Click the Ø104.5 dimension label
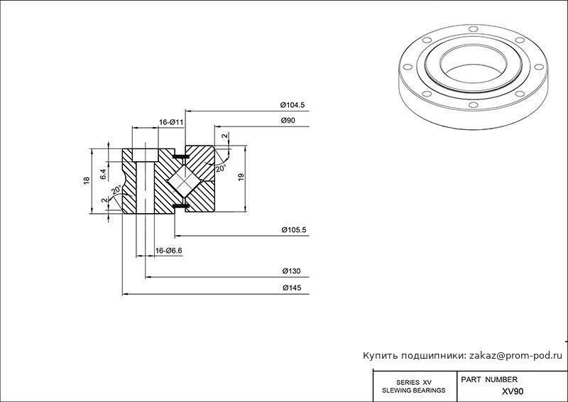pyautogui.click(x=293, y=105)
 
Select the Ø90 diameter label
pyautogui.click(x=288, y=120)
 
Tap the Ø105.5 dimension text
pyautogui.click(x=294, y=230)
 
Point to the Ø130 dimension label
pyautogui.click(x=291, y=271)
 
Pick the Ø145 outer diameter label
pyautogui.click(x=292, y=288)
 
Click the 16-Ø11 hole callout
pyautogui.click(x=171, y=123)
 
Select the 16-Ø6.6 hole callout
pyautogui.click(x=168, y=251)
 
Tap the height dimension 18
pyautogui.click(x=86, y=180)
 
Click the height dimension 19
pyautogui.click(x=241, y=178)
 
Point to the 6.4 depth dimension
pyautogui.click(x=103, y=174)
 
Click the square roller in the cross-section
pyautogui.click(x=185, y=181)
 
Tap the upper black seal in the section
pyautogui.click(x=181, y=156)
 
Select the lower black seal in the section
pyautogui.click(x=181, y=206)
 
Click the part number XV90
pyautogui.click(x=512, y=391)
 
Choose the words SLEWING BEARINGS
pyautogui.click(x=414, y=391)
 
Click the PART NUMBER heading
pyautogui.click(x=489, y=379)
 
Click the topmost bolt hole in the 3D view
pyautogui.click(x=473, y=29)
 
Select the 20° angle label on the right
pyautogui.click(x=221, y=168)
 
